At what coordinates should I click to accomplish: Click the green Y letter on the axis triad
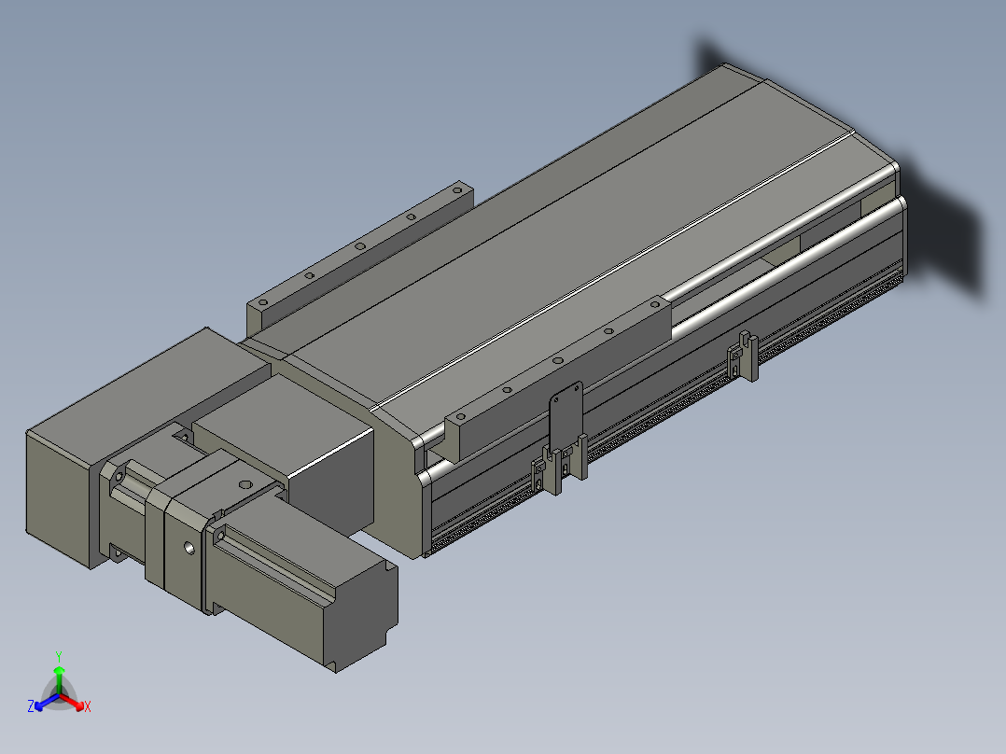click(59, 656)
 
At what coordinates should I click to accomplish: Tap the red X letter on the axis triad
click(88, 706)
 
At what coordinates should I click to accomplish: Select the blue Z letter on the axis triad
click(31, 705)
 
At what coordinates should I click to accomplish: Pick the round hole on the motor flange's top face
click(245, 484)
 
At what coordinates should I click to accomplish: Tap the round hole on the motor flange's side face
click(189, 548)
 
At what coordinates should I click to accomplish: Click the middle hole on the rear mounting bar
click(360, 245)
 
